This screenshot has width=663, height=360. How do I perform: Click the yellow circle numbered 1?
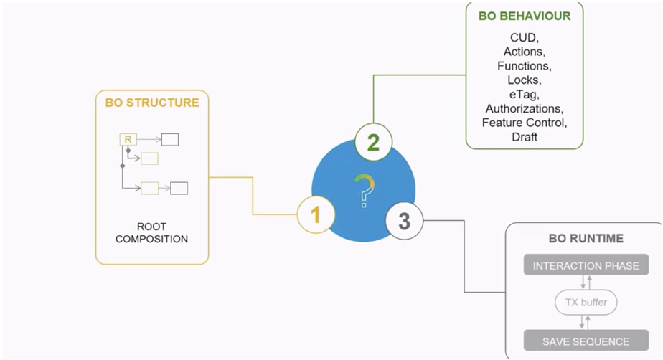[316, 214]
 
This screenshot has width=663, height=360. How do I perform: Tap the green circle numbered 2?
[373, 142]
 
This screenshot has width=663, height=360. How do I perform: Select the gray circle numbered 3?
[404, 221]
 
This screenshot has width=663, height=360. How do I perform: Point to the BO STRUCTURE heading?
[152, 103]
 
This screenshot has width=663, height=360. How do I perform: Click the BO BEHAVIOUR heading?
[525, 16]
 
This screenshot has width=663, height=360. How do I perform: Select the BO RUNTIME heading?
[586, 238]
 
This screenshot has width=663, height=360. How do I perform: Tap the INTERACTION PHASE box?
[586, 266]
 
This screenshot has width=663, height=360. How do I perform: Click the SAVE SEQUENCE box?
[586, 341]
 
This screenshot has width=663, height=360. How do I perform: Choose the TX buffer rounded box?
[586, 303]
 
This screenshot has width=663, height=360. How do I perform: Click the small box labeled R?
[128, 139]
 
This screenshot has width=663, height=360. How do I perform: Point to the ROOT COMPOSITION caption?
[151, 232]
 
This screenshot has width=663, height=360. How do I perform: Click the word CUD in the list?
[525, 38]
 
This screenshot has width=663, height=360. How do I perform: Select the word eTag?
[525, 94]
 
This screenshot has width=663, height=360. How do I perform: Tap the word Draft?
[525, 136]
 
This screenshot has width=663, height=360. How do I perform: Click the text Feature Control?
[525, 122]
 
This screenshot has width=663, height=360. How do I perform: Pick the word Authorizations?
[525, 108]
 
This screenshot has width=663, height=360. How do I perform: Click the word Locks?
[525, 80]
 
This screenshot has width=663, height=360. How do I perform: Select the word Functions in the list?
[525, 66]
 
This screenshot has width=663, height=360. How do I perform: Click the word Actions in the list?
[525, 52]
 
